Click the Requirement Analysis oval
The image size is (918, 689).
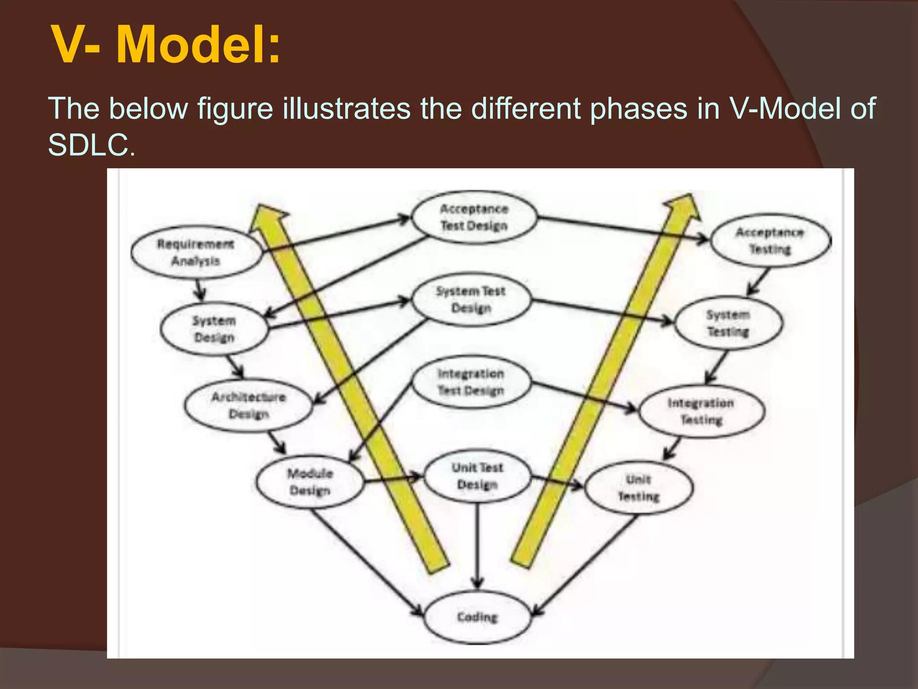coord(196,252)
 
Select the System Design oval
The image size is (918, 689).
coord(214,329)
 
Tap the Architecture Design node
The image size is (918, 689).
coord(248,405)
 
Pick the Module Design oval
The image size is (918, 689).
coord(310,482)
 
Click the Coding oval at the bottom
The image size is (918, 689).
coord(477,617)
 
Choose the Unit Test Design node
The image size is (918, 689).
coord(477,476)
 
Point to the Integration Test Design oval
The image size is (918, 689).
coord(471,382)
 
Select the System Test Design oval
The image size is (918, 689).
coord(471,299)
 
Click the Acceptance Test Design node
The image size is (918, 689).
coord(474,217)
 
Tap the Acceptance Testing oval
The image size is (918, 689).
coord(770,240)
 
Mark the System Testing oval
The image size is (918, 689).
coord(728,323)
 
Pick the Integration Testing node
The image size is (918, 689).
coord(701,411)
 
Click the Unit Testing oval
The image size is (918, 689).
coord(639,488)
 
